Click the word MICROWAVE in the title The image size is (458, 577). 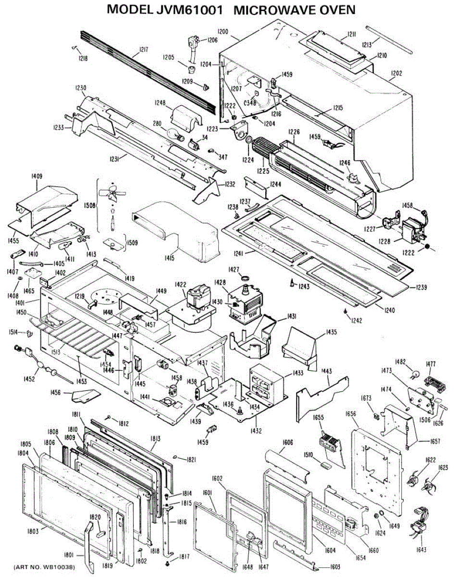tap(279, 9)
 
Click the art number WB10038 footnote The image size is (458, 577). tap(44, 568)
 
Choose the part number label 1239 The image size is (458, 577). tap(419, 287)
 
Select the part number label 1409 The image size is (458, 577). tap(37, 176)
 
